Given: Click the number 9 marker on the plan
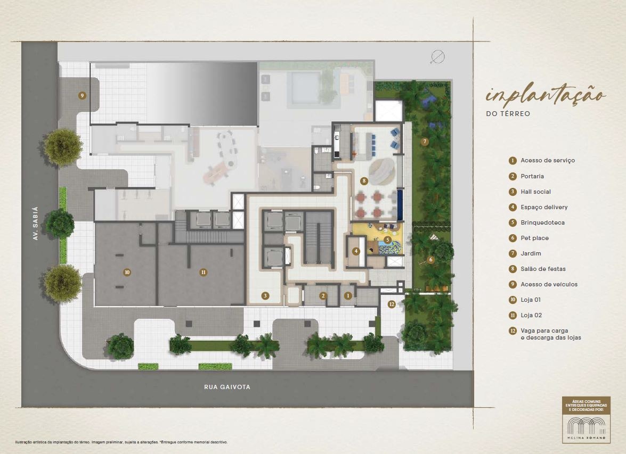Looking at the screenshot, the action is pyautogui.click(x=82, y=95).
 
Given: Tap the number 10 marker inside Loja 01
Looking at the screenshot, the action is pyautogui.click(x=127, y=273).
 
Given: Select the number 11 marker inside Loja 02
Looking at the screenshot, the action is pyautogui.click(x=203, y=273).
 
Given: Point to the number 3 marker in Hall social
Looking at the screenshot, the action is pyautogui.click(x=265, y=295).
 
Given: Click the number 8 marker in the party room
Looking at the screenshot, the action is pyautogui.click(x=364, y=181).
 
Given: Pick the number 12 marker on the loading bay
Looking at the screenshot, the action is pyautogui.click(x=391, y=304).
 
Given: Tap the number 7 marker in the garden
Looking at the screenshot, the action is pyautogui.click(x=425, y=142).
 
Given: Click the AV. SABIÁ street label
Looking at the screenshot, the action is pyautogui.click(x=35, y=223).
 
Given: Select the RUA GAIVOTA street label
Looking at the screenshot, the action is pyautogui.click(x=227, y=387).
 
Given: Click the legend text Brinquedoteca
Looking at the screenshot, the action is pyautogui.click(x=542, y=222).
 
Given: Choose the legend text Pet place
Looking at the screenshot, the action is pyautogui.click(x=534, y=238).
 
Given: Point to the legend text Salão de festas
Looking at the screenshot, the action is pyautogui.click(x=543, y=269).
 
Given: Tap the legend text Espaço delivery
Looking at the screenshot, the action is pyautogui.click(x=544, y=208).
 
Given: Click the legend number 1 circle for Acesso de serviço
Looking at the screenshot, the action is pyautogui.click(x=513, y=161).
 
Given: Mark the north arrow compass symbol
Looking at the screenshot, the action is pyautogui.click(x=437, y=57).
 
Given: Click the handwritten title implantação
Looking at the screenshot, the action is pyautogui.click(x=546, y=96).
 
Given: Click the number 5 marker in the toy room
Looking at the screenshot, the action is pyautogui.click(x=387, y=240).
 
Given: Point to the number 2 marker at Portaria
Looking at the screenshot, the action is pyautogui.click(x=323, y=296).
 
